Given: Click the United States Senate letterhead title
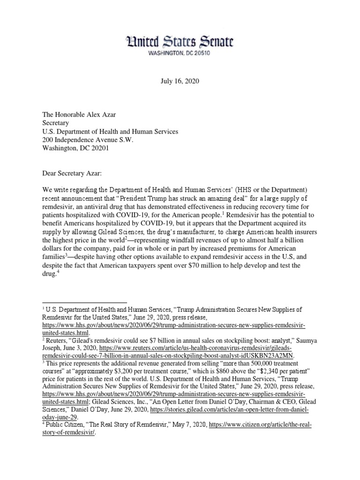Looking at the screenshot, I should [x=180, y=43].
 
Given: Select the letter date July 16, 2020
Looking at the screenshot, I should [x=180, y=81].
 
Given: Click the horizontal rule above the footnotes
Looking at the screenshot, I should [x=85, y=302].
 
